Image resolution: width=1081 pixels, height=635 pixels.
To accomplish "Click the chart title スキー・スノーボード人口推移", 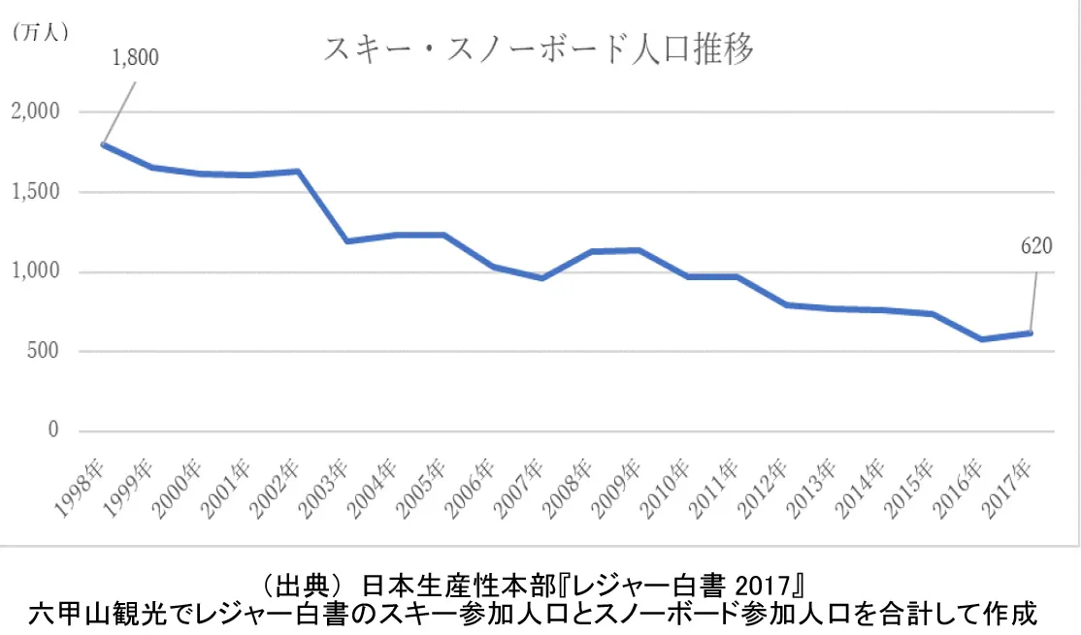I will (x=539, y=50).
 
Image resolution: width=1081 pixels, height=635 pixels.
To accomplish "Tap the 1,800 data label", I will (x=135, y=57).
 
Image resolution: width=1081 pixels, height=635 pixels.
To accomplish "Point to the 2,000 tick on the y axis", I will (x=35, y=112).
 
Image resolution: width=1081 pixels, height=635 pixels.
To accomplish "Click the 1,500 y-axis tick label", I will (x=35, y=192).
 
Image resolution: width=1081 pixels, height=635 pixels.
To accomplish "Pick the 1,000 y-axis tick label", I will (x=35, y=272).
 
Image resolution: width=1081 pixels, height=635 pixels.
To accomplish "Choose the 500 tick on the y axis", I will (x=44, y=352).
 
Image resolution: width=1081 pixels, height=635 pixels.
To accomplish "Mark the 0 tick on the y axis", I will (x=54, y=431).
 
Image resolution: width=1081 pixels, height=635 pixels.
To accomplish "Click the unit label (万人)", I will (x=39, y=32).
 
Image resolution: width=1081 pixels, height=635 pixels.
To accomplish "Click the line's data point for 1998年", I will (x=102, y=144).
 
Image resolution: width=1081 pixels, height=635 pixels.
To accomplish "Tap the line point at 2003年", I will (x=346, y=241).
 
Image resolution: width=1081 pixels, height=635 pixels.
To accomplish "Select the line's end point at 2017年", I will (x=1031, y=333).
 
